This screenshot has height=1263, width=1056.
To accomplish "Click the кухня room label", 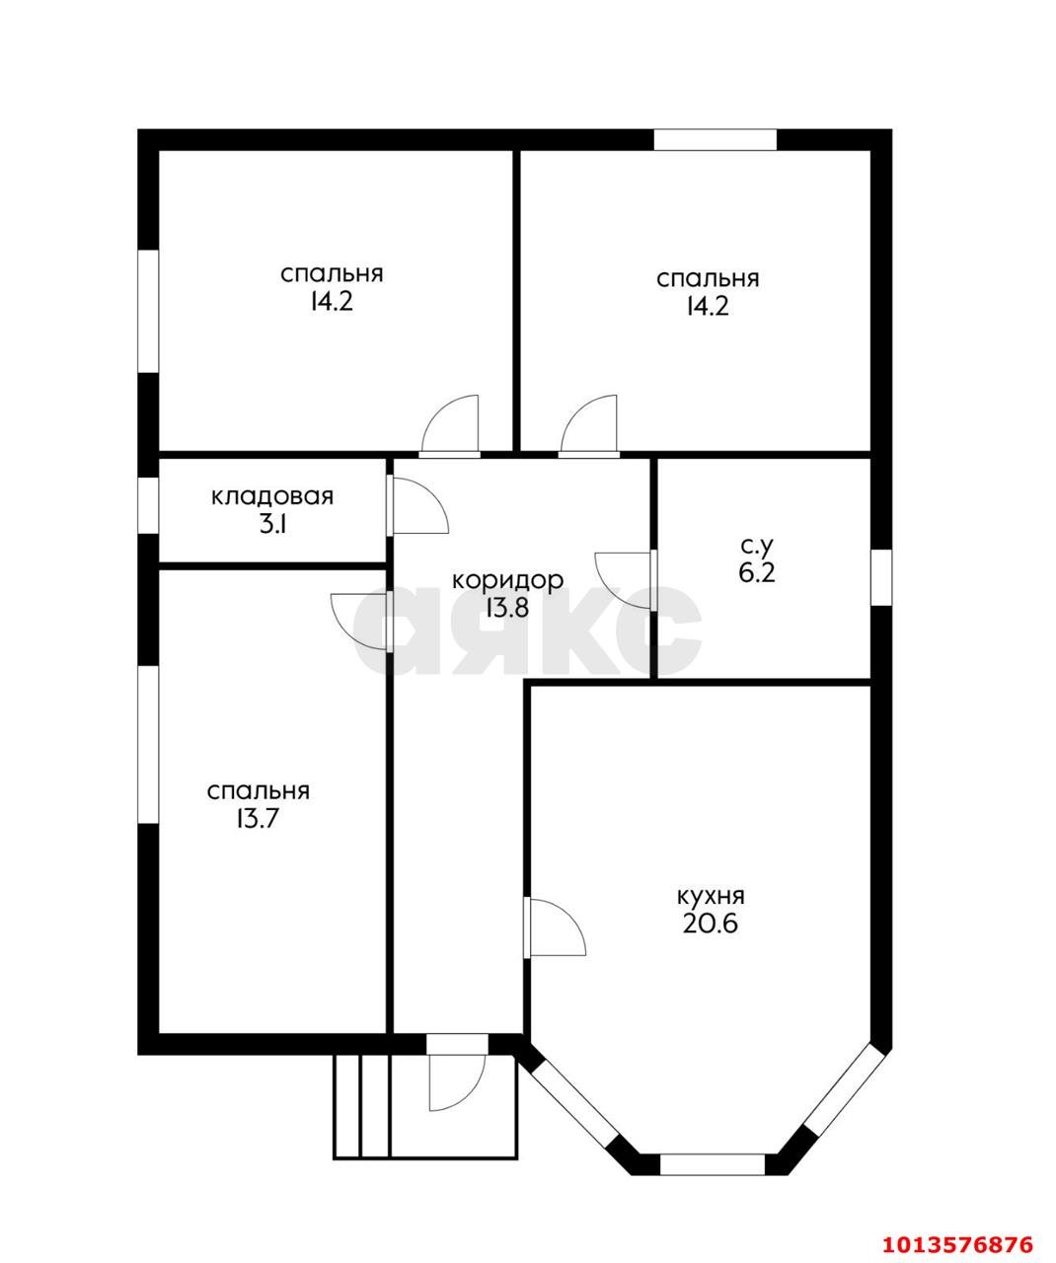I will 710,896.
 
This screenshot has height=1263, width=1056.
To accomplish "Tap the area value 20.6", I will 710,925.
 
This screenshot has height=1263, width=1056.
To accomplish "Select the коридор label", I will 507,580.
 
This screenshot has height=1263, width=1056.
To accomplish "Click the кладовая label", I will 272,496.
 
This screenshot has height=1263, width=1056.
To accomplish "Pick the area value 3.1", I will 272,524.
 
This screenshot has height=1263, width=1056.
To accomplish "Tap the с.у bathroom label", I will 757,545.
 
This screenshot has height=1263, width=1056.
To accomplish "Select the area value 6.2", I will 757,572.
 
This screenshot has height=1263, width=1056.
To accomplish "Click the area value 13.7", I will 258,818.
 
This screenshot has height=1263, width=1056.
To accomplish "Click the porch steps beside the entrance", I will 361,1105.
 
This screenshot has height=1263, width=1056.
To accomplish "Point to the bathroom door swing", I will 625,577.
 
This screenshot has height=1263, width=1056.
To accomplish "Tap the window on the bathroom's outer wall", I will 881,576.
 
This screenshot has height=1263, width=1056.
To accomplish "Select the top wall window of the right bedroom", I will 715,140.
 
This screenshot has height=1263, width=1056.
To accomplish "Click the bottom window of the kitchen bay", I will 712,1164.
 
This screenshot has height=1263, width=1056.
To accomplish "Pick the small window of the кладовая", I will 148,506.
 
